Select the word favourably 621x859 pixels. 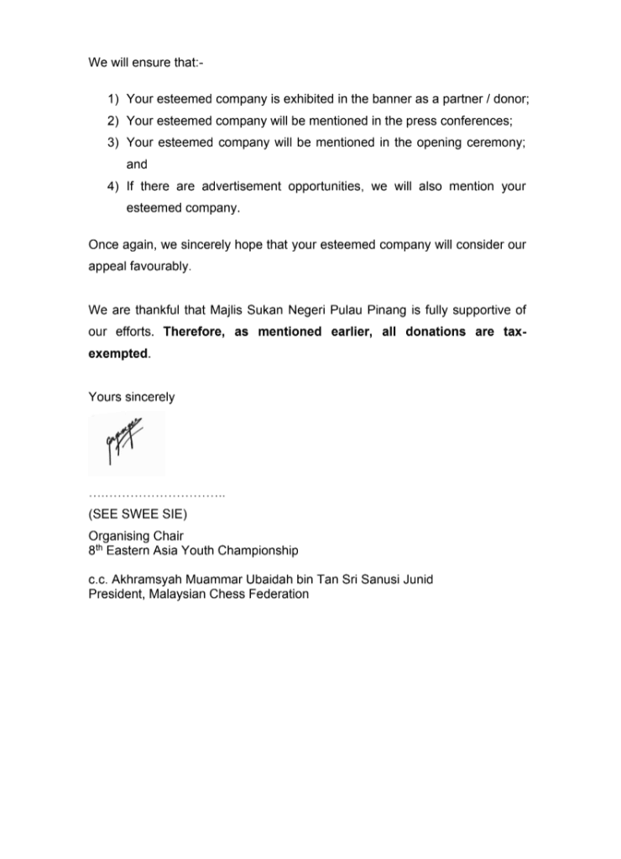[157, 267]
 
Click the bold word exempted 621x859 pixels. [118, 354]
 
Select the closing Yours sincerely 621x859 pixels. [131, 397]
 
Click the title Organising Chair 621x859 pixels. [136, 535]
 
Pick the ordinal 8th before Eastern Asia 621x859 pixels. [97, 550]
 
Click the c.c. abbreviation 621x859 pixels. [98, 580]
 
